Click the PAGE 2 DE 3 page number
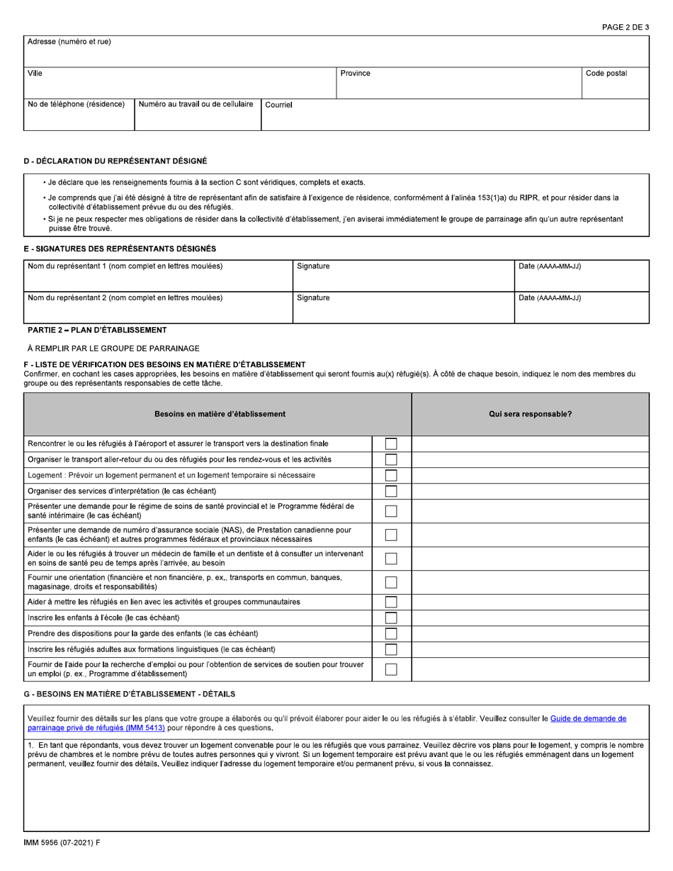click(625, 27)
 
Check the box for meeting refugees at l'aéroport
click(391, 444)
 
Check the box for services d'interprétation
click(391, 491)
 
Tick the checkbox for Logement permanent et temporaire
click(391, 475)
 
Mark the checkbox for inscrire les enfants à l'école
click(391, 617)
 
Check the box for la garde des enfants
click(391, 633)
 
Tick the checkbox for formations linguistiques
click(391, 649)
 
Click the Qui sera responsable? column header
click(530, 414)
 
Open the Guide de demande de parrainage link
click(588, 718)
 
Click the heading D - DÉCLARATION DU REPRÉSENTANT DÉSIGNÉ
click(115, 162)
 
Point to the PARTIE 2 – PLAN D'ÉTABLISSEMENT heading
click(97, 330)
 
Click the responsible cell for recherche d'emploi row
click(530, 669)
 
